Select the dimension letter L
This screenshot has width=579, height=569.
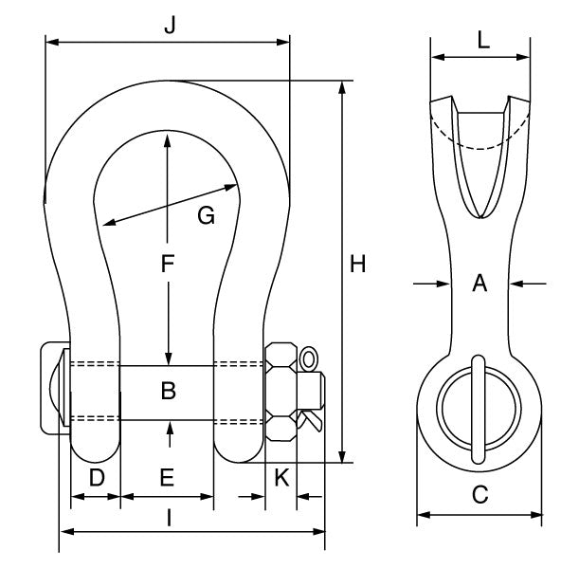coord(482,40)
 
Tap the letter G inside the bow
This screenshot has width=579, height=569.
coord(206,215)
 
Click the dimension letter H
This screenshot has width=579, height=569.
coord(358,265)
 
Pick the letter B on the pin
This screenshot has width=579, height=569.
coord(168,390)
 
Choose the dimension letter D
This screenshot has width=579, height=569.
coord(96,478)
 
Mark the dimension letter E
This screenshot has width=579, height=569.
coord(167,478)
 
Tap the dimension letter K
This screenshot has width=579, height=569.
coord(280,478)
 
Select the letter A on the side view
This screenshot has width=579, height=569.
coord(479,283)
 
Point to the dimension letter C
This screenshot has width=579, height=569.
coord(479,494)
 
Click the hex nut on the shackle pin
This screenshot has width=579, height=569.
coord(281,391)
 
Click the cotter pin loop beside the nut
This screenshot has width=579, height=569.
coord(310,359)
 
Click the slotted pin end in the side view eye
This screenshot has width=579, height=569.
coord(479,404)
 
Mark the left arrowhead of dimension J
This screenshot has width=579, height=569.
coord(50,42)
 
